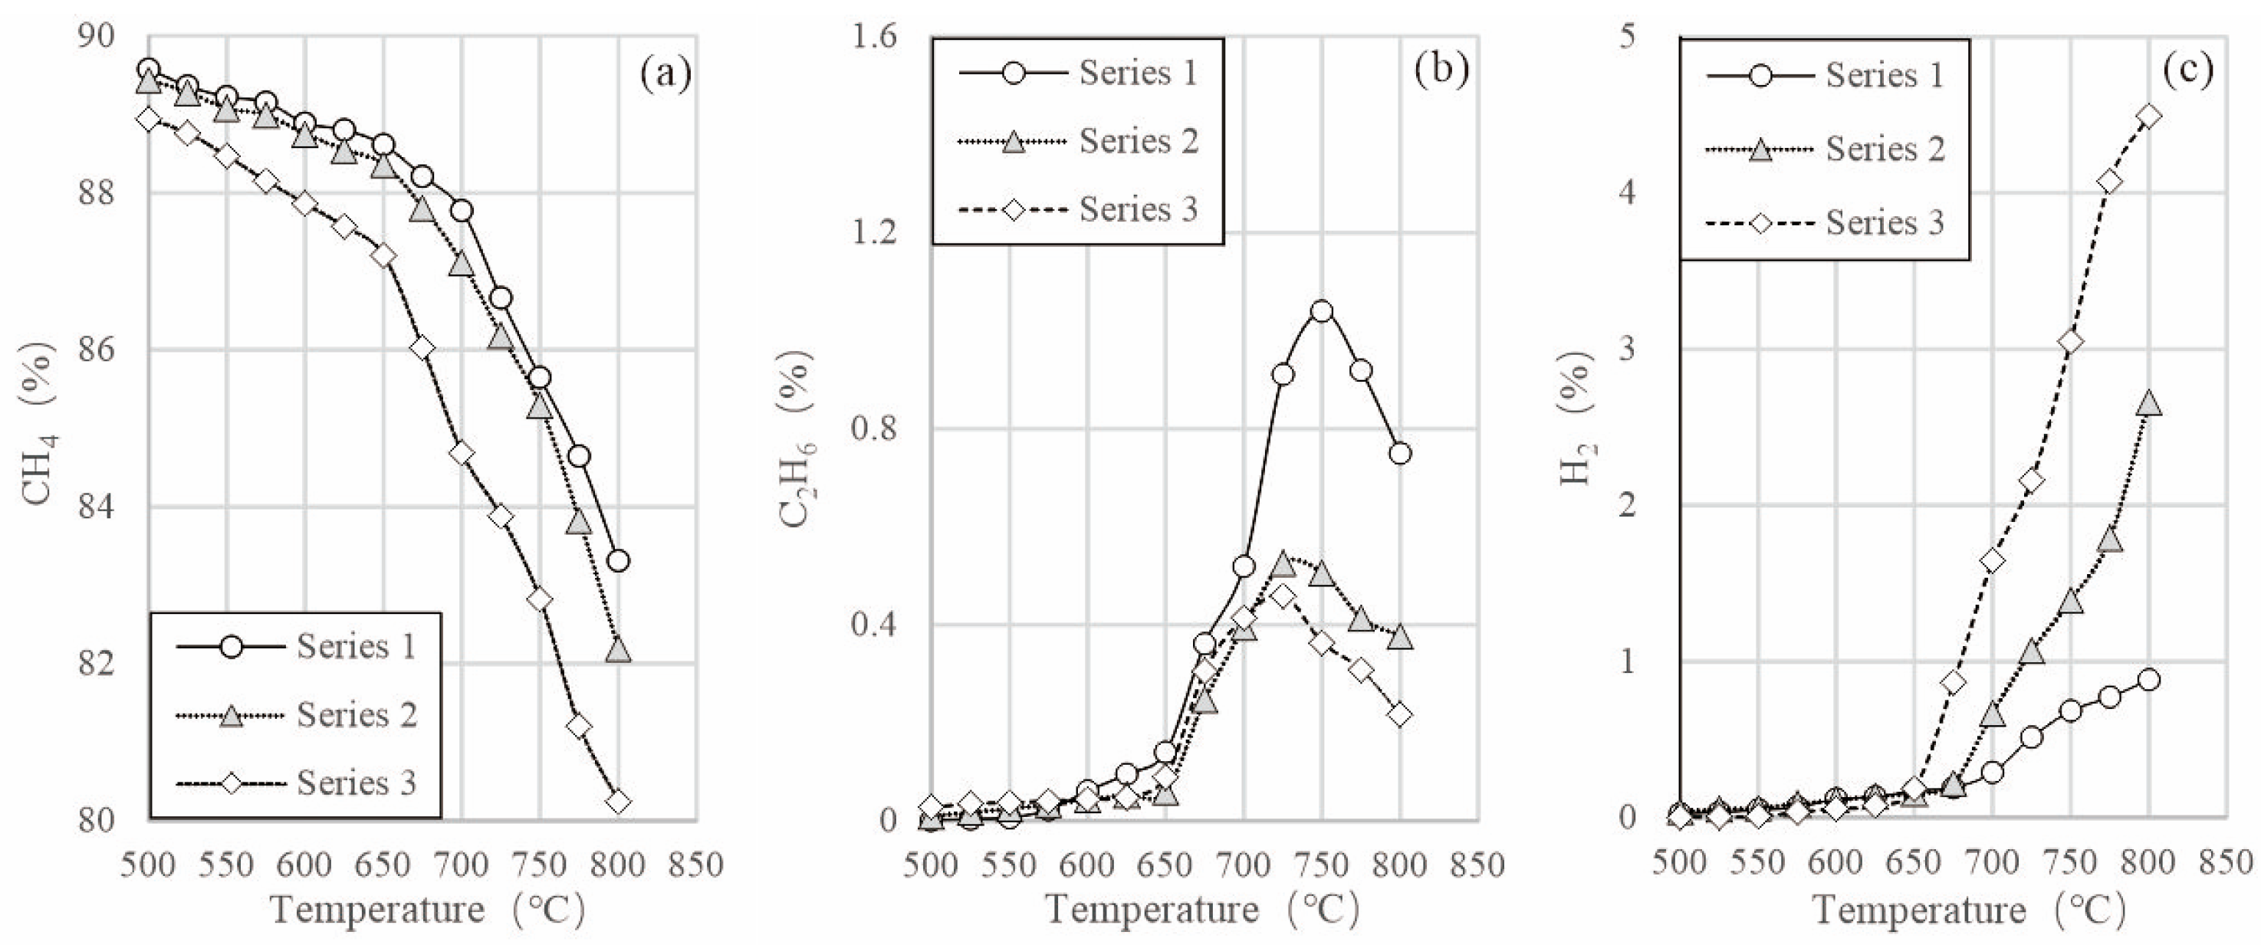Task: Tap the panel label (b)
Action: click(1442, 71)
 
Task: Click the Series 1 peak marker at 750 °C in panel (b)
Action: click(1322, 310)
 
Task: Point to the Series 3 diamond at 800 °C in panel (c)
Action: click(2148, 116)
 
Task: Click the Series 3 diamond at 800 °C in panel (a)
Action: click(618, 801)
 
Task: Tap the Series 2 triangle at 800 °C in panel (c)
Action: click(2148, 404)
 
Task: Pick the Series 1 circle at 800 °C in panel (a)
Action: click(618, 561)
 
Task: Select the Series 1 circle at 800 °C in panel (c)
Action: click(2148, 680)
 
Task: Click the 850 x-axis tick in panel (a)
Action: click(696, 865)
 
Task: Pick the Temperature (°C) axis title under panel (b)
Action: click(1202, 910)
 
